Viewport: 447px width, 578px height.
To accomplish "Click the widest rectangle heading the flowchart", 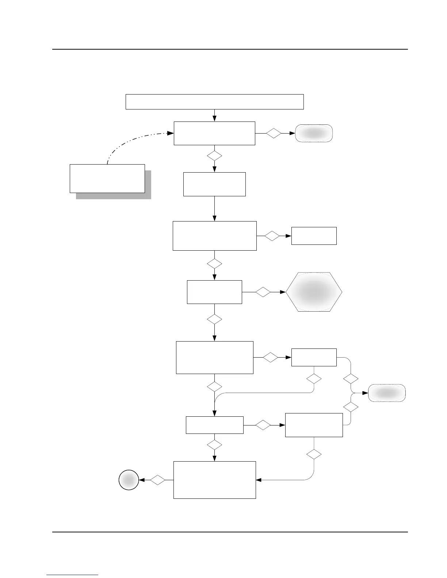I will [215, 101].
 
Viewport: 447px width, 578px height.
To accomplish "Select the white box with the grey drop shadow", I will [107, 178].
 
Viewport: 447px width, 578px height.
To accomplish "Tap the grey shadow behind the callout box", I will [148, 196].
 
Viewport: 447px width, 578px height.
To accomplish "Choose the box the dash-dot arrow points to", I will [214, 133].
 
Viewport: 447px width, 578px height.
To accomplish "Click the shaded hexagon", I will [314, 292].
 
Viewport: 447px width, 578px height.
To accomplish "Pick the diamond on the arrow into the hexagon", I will [263, 292].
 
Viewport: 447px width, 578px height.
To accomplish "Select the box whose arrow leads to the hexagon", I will [214, 292].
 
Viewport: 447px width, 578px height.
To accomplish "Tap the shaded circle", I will [129, 480].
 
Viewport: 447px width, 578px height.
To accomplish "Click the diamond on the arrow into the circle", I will [158, 480].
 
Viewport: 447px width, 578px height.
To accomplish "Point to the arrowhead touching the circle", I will [142, 480].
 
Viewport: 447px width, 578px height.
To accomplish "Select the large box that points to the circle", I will [214, 480].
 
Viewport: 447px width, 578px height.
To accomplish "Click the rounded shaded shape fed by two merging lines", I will [387, 393].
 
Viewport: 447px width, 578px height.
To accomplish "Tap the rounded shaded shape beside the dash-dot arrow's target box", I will [314, 133].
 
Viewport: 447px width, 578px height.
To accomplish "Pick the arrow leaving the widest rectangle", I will [214, 115].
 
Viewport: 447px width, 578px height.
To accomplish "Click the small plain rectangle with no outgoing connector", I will [314, 236].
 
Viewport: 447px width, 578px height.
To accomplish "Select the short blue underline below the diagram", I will [72, 575].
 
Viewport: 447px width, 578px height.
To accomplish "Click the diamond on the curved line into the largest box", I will [314, 455].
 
